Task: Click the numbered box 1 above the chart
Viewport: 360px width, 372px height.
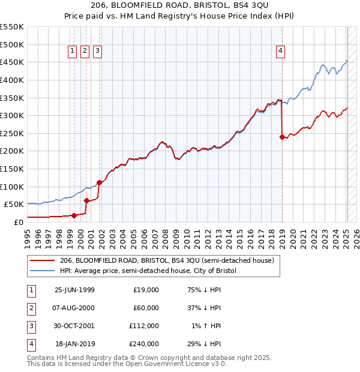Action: coord(72,52)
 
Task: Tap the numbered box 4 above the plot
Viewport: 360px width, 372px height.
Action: coord(280,52)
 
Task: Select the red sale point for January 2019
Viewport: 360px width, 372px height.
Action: coord(282,137)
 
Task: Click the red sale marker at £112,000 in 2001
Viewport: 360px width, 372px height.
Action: coord(100,182)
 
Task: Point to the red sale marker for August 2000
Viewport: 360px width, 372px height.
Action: coord(86,201)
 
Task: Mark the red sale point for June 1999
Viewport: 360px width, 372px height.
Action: coord(74,215)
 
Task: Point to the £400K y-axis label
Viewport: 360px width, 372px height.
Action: coord(12,80)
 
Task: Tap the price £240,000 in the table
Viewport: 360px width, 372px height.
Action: coord(145,344)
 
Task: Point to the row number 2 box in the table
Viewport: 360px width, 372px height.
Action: coord(30,308)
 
